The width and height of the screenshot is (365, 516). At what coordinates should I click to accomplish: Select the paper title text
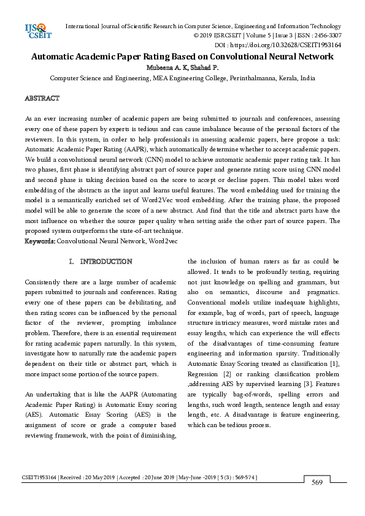tap(182, 56)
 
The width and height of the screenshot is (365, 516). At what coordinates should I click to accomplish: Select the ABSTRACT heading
tap(42, 99)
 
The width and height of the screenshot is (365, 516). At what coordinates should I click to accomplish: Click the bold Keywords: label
tap(40, 242)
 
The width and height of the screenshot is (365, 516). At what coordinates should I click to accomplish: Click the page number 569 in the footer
tap(317, 483)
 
